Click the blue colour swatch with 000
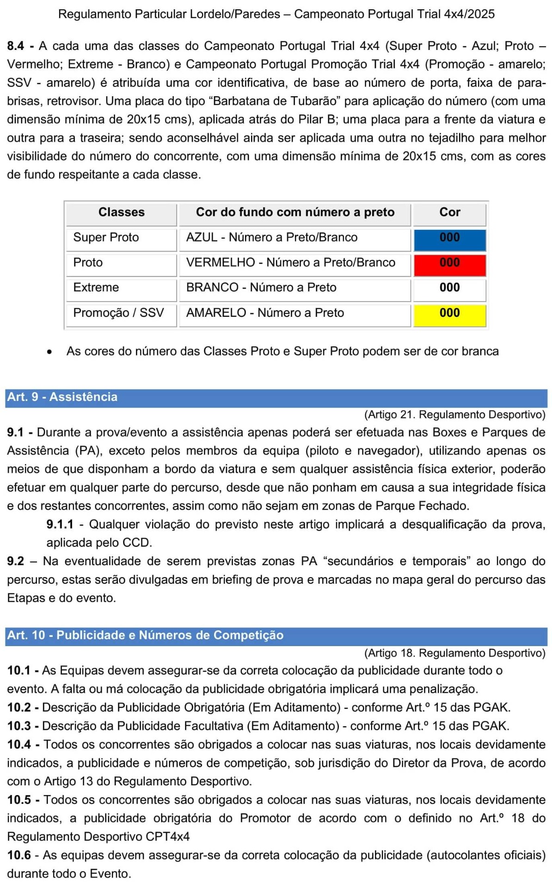pos(449,240)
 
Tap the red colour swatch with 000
pos(449,265)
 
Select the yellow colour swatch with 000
pos(449,315)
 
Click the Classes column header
pos(121,212)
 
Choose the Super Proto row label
pos(106,238)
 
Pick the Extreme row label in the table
pos(96,288)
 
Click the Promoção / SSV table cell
pos(118,313)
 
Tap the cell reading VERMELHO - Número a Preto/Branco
pos(290,263)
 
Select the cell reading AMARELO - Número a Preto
pos(265,313)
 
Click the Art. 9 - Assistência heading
pos(62,397)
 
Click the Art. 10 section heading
pos(145,635)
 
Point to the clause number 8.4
pos(16,46)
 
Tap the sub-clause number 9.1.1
pos(60,524)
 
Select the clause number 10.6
pos(19,855)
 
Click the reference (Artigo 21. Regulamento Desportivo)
pos(454,415)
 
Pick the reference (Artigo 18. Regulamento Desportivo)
pos(454,653)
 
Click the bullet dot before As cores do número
pos(49,352)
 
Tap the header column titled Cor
pos(449,212)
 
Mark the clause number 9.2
pos(15,561)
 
